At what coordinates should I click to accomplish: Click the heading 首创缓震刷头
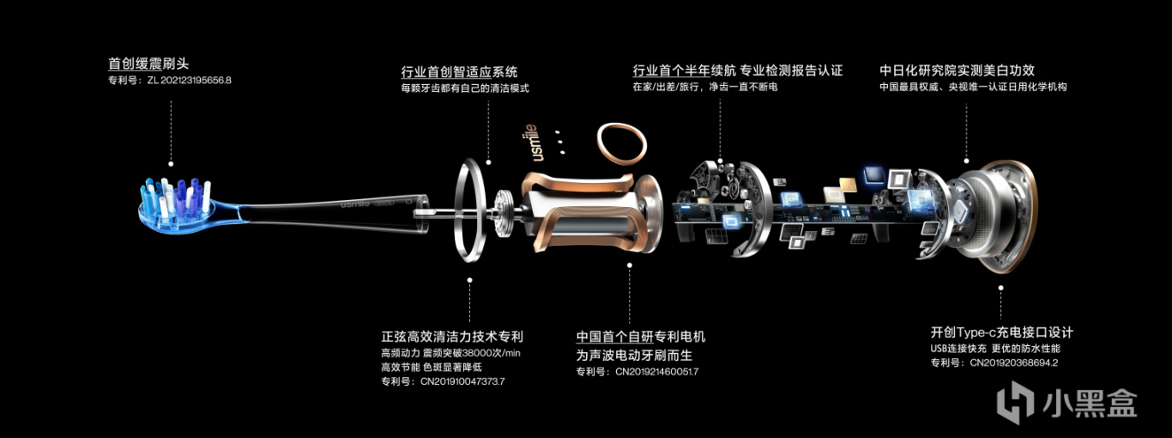(148, 64)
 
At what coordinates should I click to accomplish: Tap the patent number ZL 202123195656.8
(189, 80)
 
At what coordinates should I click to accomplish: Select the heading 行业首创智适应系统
(459, 72)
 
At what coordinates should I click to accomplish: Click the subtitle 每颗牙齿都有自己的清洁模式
(465, 88)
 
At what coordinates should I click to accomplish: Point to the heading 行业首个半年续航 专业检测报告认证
(738, 70)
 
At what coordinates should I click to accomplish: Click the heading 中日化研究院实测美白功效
(957, 70)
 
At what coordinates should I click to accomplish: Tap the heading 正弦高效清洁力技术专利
(452, 337)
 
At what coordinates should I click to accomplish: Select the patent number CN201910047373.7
(462, 381)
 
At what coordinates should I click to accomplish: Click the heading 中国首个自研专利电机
(640, 337)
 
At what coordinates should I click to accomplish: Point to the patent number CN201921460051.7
(656, 372)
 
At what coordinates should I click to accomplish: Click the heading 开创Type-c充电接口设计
(1001, 332)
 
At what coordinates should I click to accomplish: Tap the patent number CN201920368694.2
(1013, 362)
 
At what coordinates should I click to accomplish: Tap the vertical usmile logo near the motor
(530, 142)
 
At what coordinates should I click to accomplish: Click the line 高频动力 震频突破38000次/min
(450, 353)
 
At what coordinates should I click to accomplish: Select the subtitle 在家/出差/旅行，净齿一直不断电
(704, 87)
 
